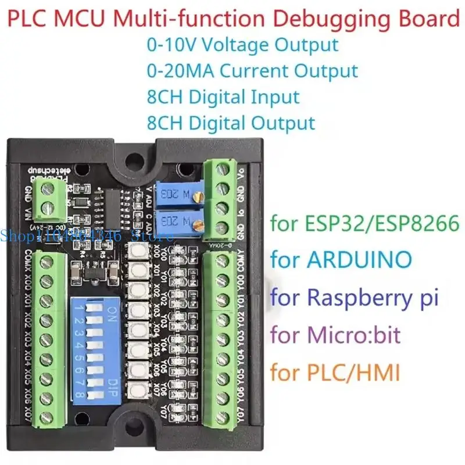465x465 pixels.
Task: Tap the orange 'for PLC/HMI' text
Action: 335,372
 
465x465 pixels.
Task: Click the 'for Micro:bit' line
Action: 335,335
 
